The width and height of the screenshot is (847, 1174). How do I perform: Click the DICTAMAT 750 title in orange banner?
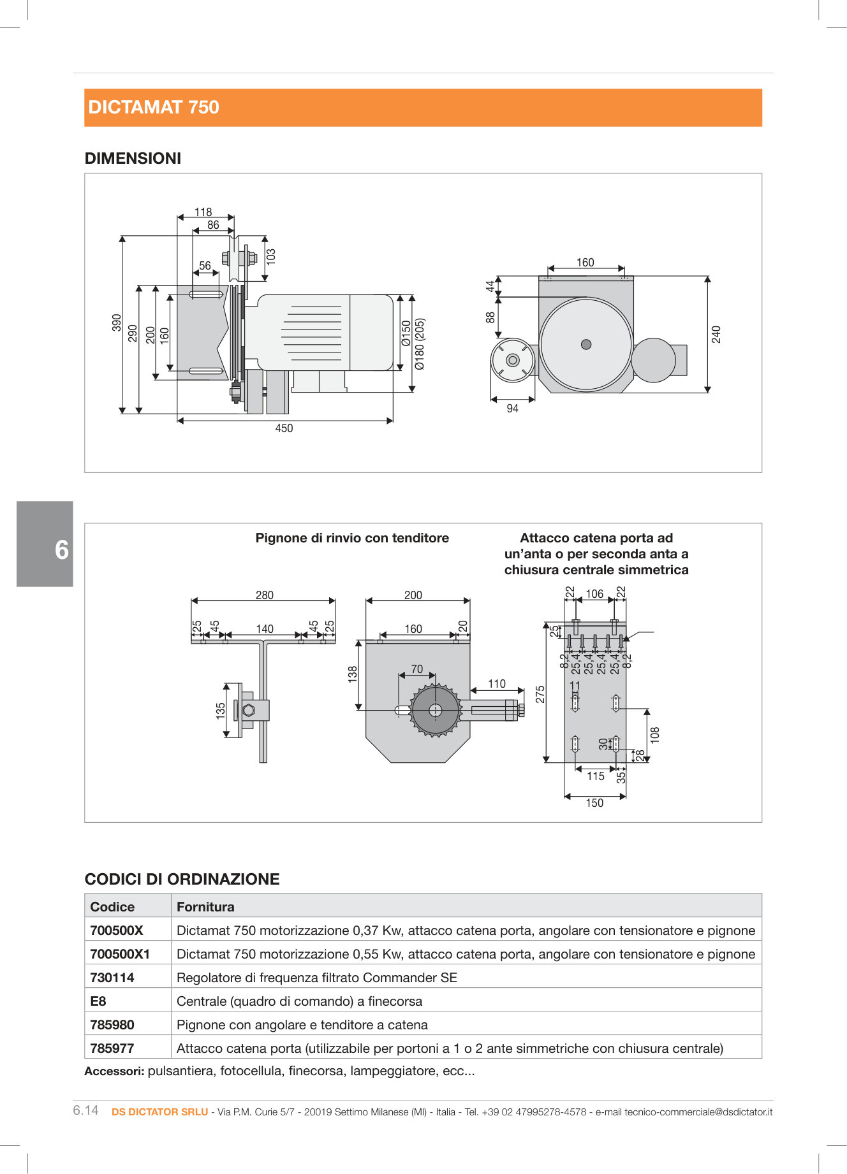[x=154, y=107]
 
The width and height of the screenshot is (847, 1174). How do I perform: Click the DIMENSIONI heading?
[x=133, y=158]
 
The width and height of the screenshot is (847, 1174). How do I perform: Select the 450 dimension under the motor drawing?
[x=284, y=428]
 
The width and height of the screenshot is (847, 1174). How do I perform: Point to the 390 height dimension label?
[x=116, y=322]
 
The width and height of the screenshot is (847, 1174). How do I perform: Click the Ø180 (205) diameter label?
[x=420, y=344]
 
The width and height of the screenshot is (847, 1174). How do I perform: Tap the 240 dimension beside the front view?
[x=716, y=335]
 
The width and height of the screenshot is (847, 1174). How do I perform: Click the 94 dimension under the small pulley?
[x=512, y=409]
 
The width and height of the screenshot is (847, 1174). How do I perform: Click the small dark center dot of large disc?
[x=586, y=345]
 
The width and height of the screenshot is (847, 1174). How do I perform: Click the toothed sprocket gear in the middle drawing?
[x=436, y=710]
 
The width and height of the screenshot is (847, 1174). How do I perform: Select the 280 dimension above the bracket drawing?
[x=264, y=595]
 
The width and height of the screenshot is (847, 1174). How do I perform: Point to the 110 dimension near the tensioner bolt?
[x=497, y=684]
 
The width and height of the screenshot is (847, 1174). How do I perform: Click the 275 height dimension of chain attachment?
[x=540, y=694]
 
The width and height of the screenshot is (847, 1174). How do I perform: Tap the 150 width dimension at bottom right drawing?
[x=594, y=803]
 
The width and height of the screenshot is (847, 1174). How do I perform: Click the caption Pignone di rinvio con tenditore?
[x=352, y=538]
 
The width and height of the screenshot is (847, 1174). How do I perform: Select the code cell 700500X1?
[x=120, y=954]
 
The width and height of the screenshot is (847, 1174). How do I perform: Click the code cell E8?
[x=98, y=1001]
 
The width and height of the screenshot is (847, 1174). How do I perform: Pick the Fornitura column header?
[x=205, y=907]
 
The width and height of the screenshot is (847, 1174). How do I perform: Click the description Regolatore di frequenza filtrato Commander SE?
[x=316, y=978]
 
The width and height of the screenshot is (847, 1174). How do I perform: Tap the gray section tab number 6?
[x=61, y=550]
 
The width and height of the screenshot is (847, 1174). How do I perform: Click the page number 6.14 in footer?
[x=85, y=1110]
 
